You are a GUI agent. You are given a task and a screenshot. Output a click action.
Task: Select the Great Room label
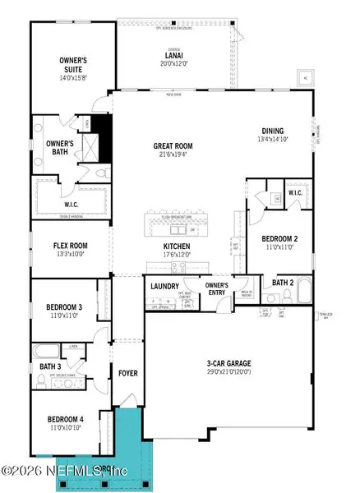coord(173,145)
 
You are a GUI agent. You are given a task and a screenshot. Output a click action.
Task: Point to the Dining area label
coord(273,130)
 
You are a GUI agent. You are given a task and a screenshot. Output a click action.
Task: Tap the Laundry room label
coord(164,286)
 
